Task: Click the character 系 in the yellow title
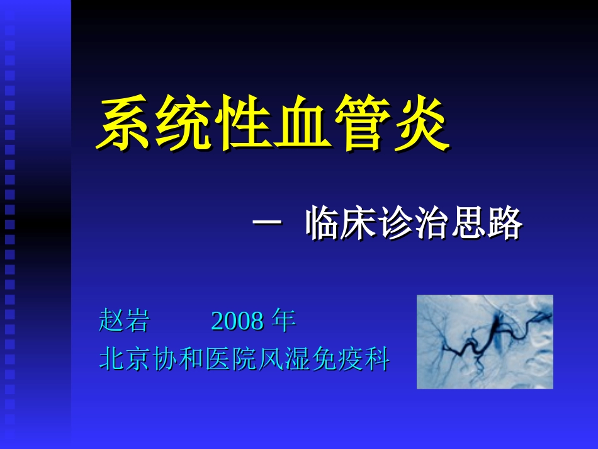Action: click(x=125, y=124)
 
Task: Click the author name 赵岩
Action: click(x=124, y=321)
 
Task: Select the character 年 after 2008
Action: click(x=283, y=321)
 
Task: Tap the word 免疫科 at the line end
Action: click(x=350, y=360)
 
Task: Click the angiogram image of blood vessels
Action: click(x=485, y=341)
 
